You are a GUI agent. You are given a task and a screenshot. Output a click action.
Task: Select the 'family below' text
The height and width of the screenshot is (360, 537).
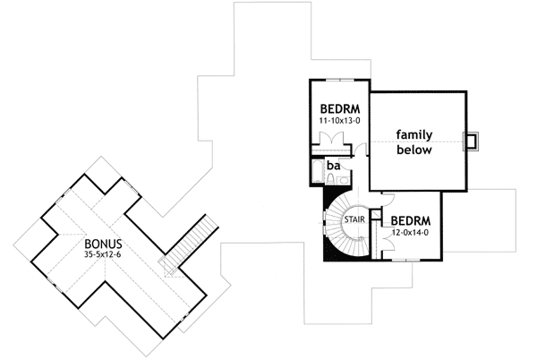[414, 142]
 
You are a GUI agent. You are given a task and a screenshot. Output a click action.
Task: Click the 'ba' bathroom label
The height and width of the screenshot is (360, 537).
[332, 167]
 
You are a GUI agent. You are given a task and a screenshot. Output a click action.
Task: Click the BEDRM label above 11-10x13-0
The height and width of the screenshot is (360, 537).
[338, 105]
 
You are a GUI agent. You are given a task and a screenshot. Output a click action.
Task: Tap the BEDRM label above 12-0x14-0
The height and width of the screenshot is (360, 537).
[413, 219]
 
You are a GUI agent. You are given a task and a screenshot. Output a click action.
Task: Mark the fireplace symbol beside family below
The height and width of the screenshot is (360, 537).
[470, 141]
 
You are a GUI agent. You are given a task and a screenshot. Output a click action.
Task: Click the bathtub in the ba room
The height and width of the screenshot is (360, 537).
[318, 172]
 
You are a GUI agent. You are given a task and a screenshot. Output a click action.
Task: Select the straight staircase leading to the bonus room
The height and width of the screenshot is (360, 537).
[190, 242]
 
